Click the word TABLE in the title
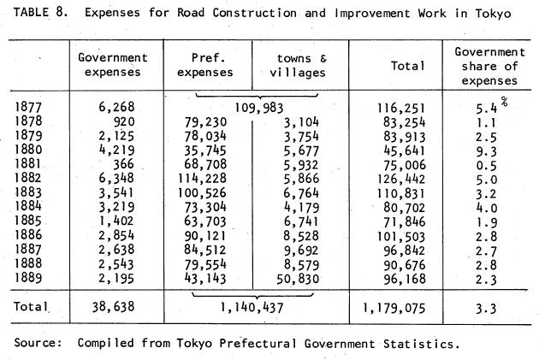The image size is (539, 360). [x=31, y=13]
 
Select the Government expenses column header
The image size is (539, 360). [x=113, y=65]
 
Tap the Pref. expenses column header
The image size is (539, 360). [x=205, y=65]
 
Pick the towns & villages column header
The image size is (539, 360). [x=298, y=66]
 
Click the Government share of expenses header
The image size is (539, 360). [x=490, y=67]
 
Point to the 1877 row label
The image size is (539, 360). [x=28, y=107]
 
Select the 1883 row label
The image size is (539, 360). [x=28, y=192]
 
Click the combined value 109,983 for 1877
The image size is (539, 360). [x=259, y=109]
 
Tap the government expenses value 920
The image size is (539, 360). [x=124, y=121]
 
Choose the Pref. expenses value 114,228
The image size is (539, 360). [x=202, y=178]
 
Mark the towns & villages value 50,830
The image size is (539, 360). [x=298, y=279]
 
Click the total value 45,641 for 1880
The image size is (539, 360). [x=405, y=150]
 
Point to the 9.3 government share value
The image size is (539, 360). [x=487, y=151]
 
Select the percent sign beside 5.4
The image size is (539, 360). [x=504, y=102]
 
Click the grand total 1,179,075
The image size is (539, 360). [x=394, y=308]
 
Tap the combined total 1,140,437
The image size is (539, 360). [x=252, y=308]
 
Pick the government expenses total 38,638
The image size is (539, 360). [x=113, y=307]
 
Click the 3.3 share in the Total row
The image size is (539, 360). [x=487, y=309]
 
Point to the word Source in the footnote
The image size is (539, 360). [x=38, y=343]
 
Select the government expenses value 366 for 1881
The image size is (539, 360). [x=124, y=164]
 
